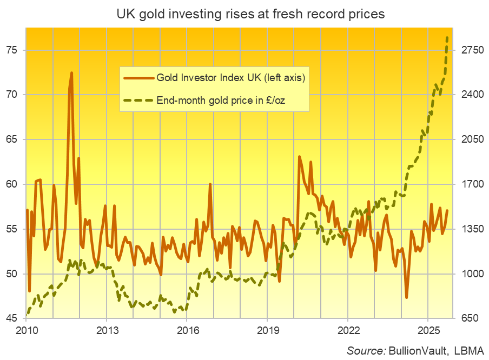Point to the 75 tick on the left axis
point(11,50)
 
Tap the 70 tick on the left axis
point(11,95)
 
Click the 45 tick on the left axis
point(11,318)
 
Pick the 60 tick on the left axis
point(11,184)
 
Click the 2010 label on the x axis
point(27,330)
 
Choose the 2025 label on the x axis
point(427,330)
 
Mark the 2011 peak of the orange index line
point(71,72)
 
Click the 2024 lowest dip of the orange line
point(406,297)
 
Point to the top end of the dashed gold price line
point(447,37)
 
